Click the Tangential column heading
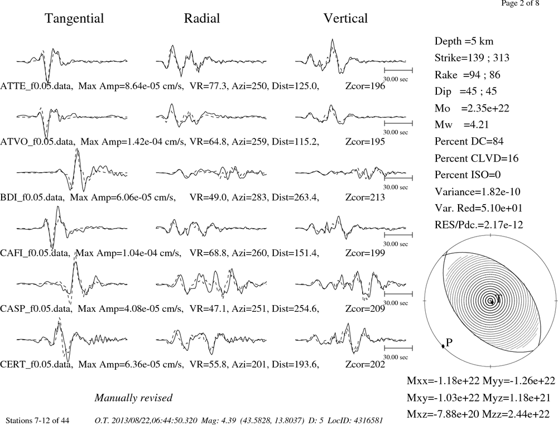(74, 18)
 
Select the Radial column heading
(202, 18)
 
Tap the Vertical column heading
(345, 18)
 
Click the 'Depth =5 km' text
(464, 41)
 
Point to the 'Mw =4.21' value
(461, 124)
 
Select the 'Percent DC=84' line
(469, 141)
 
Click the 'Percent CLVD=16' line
(477, 158)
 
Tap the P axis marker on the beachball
(443, 346)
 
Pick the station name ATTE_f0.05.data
(37, 86)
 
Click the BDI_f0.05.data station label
(32, 197)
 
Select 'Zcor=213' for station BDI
(365, 197)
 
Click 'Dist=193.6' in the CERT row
(295, 364)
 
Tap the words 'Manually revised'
(133, 398)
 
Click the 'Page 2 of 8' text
(520, 3)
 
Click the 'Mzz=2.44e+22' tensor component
(518, 414)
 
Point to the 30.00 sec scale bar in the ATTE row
(398, 70)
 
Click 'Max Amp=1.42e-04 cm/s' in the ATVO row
(133, 142)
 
